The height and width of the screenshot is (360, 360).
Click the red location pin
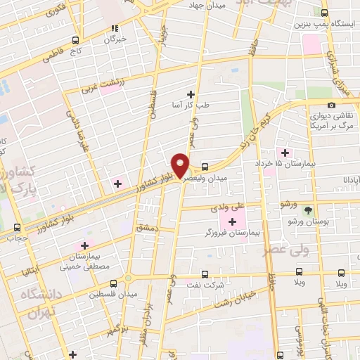[x=181, y=166]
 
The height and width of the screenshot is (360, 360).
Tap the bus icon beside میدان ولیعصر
[x=205, y=167]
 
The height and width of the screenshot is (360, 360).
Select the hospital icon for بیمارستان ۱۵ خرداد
[x=285, y=153]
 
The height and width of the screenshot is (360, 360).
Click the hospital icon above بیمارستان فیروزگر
[x=233, y=221]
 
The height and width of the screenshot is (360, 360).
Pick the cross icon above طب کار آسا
[x=191, y=94]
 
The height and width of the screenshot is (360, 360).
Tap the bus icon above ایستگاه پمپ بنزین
[x=324, y=12]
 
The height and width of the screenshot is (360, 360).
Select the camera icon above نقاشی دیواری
[x=331, y=105]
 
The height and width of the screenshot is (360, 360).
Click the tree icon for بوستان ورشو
[x=307, y=210]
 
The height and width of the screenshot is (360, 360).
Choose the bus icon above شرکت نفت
[x=205, y=274]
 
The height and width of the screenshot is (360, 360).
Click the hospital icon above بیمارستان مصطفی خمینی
[x=85, y=245]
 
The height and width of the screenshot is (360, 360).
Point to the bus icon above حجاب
[x=18, y=227]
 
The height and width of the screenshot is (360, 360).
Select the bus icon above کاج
[x=75, y=40]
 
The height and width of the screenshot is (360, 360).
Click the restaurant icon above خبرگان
[x=113, y=29]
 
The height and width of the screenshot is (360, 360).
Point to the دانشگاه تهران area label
[x=41, y=303]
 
